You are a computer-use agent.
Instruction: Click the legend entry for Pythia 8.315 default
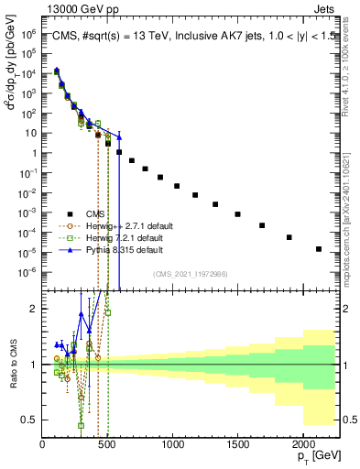[111, 249]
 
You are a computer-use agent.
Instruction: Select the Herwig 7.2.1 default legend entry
[111, 236]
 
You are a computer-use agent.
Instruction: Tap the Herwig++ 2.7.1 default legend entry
[113, 224]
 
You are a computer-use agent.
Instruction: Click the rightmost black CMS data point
[319, 248]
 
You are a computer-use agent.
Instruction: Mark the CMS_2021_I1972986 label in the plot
[191, 273]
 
